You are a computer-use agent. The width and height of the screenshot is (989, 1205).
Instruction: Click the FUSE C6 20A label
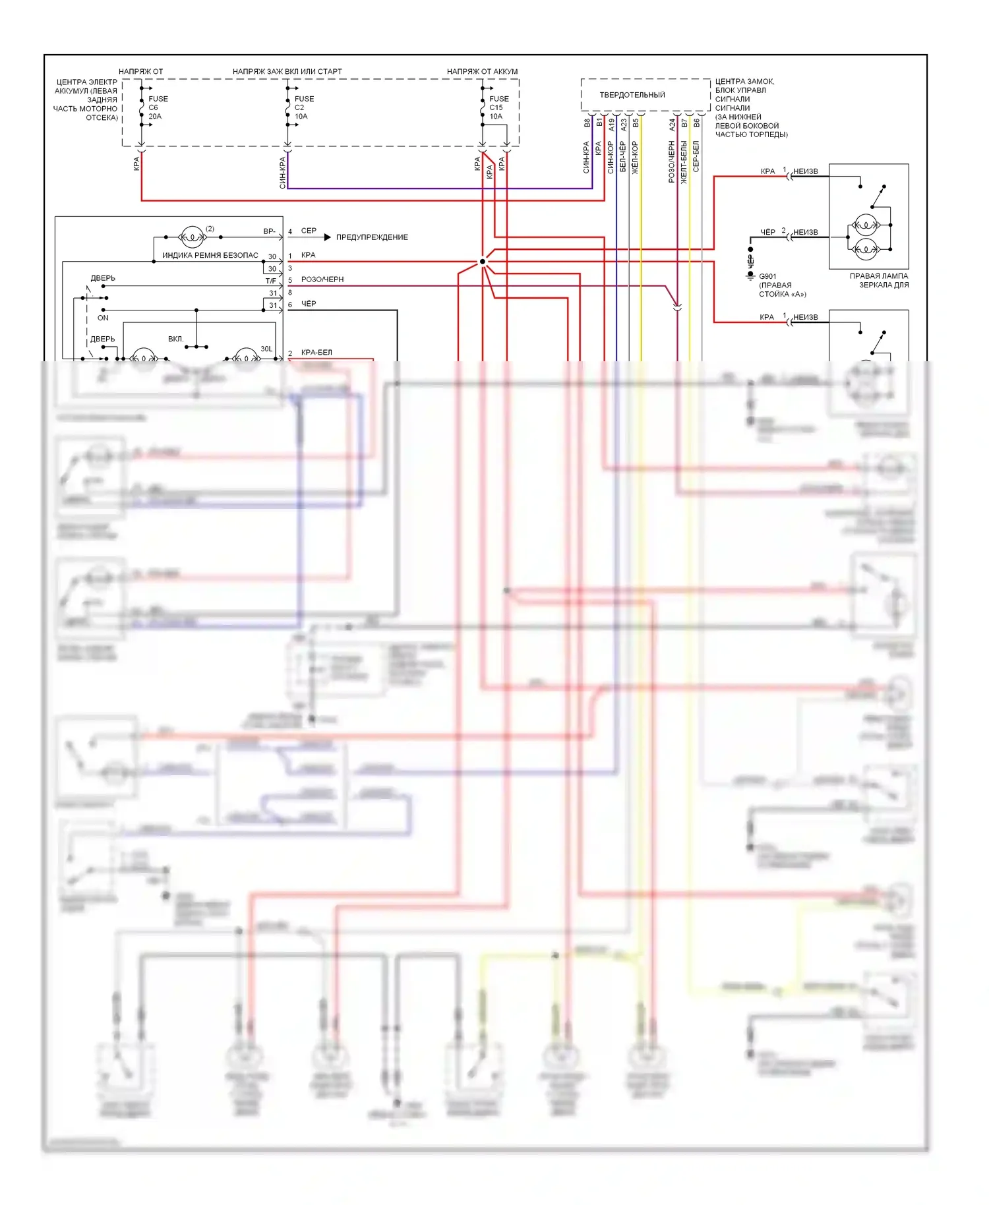(x=157, y=107)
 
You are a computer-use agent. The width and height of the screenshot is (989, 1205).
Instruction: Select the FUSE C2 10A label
(x=303, y=107)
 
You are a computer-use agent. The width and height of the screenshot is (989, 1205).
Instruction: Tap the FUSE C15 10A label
(x=498, y=107)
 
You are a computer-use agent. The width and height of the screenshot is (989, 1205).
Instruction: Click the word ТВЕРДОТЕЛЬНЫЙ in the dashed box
(x=632, y=95)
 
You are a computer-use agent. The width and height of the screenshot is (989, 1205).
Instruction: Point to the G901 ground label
(x=767, y=277)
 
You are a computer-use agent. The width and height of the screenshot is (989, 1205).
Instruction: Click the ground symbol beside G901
(x=750, y=276)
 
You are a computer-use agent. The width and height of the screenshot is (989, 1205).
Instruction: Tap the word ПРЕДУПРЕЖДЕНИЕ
(x=372, y=237)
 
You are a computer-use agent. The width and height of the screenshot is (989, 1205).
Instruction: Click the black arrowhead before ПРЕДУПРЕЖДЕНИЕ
(x=327, y=237)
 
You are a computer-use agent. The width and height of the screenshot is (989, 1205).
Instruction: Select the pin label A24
(x=673, y=124)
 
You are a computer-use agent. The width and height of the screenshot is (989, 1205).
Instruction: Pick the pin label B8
(x=587, y=123)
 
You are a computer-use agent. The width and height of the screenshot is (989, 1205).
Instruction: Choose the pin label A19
(x=612, y=124)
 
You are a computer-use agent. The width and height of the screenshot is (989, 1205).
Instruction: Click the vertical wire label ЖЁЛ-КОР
(x=636, y=157)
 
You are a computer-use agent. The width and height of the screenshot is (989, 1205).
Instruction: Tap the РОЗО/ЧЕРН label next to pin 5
(x=322, y=279)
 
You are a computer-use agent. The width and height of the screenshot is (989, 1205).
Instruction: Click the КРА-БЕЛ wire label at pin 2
(x=316, y=353)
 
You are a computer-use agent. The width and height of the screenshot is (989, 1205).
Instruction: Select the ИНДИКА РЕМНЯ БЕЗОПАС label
(x=210, y=256)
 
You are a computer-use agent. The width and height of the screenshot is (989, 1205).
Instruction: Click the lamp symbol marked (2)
(x=192, y=237)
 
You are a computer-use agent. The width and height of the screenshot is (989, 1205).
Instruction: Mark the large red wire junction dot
(x=483, y=262)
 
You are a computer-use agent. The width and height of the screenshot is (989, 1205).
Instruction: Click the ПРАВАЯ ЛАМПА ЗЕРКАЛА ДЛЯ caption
(x=879, y=281)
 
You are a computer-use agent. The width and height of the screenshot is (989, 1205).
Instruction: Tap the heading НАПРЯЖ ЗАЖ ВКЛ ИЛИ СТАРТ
(x=287, y=71)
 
